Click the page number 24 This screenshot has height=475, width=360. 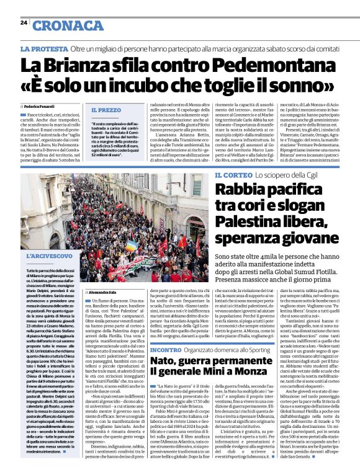point(24,22)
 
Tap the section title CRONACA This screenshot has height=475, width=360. point(68,25)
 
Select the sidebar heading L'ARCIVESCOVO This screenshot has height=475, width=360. point(49,255)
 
